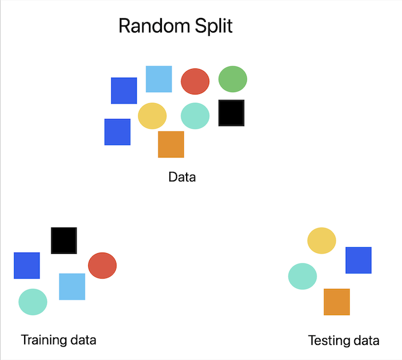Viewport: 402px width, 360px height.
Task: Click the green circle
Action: pos(233,79)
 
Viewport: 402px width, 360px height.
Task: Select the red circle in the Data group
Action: pos(195,81)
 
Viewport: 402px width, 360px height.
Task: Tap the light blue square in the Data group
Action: pos(159,79)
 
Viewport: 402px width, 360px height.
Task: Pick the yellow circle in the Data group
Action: pos(152,116)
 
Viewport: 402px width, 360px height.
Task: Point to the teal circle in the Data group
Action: pos(195,116)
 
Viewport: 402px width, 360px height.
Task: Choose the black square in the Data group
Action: pos(231,113)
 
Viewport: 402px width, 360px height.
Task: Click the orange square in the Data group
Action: pos(171,144)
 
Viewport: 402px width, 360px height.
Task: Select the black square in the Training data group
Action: pos(64,240)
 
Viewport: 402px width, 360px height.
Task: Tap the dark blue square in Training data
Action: pos(27,266)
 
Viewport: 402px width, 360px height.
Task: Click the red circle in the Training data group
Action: pos(102,266)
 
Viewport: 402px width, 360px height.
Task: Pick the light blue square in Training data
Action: pos(72,286)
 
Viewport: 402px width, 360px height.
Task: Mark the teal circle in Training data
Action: pos(33,302)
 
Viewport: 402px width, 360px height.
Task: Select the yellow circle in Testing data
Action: pos(322,240)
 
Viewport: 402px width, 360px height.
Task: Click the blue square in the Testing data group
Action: pos(358,260)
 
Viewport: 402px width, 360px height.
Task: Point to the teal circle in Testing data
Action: pos(302,276)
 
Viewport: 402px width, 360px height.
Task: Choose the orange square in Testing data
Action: pos(337,302)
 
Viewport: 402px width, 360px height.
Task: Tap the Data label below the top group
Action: pos(182,177)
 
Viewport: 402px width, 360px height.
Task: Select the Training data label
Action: pos(58,340)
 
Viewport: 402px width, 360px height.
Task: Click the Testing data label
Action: pos(344,340)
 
